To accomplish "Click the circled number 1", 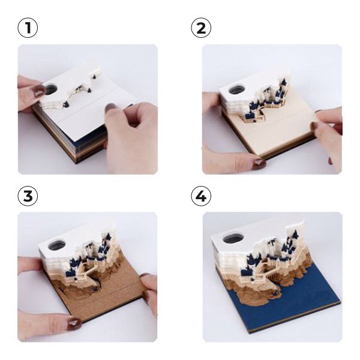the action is pyautogui.click(x=28, y=28).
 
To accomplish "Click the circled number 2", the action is pyautogui.click(x=201, y=28).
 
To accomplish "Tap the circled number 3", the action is pyautogui.click(x=28, y=196).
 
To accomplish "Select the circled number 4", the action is pyautogui.click(x=201, y=196).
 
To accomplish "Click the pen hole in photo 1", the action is pyautogui.click(x=51, y=89).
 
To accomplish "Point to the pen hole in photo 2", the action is pyautogui.click(x=236, y=89).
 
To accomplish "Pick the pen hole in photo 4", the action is pyautogui.click(x=232, y=239).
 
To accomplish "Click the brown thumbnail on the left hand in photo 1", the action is pyautogui.click(x=38, y=90).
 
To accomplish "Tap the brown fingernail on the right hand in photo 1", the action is pyautogui.click(x=111, y=107).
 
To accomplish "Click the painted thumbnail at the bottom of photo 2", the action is pyautogui.click(x=259, y=163).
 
